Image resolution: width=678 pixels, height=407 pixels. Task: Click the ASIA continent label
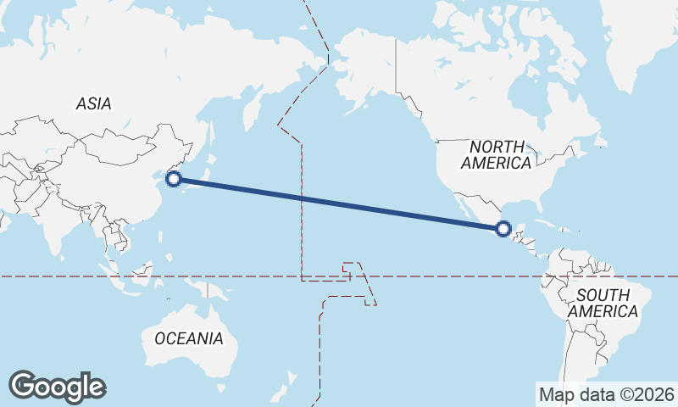[x=93, y=103]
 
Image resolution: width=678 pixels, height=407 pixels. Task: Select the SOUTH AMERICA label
[x=603, y=304]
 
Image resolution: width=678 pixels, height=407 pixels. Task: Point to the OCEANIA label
[x=189, y=338]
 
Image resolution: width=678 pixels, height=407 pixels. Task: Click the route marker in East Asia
[x=174, y=179]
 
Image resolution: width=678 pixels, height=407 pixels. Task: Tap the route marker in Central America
[x=503, y=228]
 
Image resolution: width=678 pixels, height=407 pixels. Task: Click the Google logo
[x=57, y=386]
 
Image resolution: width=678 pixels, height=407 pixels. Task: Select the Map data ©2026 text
[x=607, y=394]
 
